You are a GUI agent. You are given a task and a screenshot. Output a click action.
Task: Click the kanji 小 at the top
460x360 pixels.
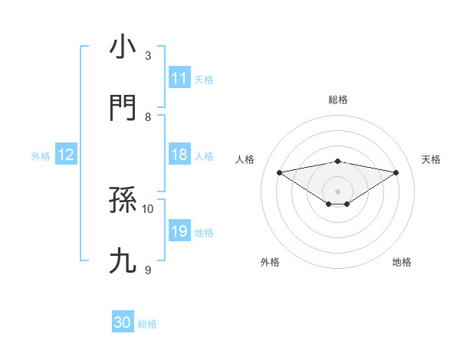coord(123,47)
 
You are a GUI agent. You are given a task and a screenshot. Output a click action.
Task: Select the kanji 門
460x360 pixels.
coord(123,108)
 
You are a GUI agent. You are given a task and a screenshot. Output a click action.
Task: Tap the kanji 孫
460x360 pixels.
coord(123,201)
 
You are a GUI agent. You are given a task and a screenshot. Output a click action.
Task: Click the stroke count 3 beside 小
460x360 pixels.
coord(148,56)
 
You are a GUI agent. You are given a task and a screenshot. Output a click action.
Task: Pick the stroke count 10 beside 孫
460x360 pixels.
coord(148,208)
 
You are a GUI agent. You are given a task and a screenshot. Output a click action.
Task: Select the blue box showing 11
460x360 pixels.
coord(179,78)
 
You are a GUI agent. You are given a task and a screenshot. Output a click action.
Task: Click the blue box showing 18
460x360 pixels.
coord(179,155)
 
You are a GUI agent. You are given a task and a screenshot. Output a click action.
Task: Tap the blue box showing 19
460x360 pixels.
coord(179,231)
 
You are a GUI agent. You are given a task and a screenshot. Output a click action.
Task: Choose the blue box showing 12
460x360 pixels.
coord(66,155)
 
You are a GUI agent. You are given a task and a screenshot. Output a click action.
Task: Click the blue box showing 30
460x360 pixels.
coord(123,322)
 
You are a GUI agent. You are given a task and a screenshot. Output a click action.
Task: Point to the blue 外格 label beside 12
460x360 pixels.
coord(41,155)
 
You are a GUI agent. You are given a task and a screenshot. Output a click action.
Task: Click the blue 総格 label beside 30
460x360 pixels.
coord(147,324)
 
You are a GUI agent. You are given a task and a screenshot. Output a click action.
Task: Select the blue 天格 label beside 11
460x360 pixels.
coord(204,79)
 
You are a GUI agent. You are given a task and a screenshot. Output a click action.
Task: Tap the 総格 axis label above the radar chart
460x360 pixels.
coord(338,100)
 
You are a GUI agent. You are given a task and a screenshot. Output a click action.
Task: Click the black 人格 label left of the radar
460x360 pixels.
coord(245,159)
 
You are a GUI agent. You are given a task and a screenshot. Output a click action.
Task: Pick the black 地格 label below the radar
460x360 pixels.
coord(402,262)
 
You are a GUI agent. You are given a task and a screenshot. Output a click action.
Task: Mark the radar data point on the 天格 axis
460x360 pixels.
coord(396,172)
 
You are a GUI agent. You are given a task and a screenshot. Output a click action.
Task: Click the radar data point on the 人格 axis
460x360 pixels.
coord(279,172)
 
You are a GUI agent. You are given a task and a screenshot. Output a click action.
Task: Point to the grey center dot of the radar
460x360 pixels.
coord(338,191)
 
